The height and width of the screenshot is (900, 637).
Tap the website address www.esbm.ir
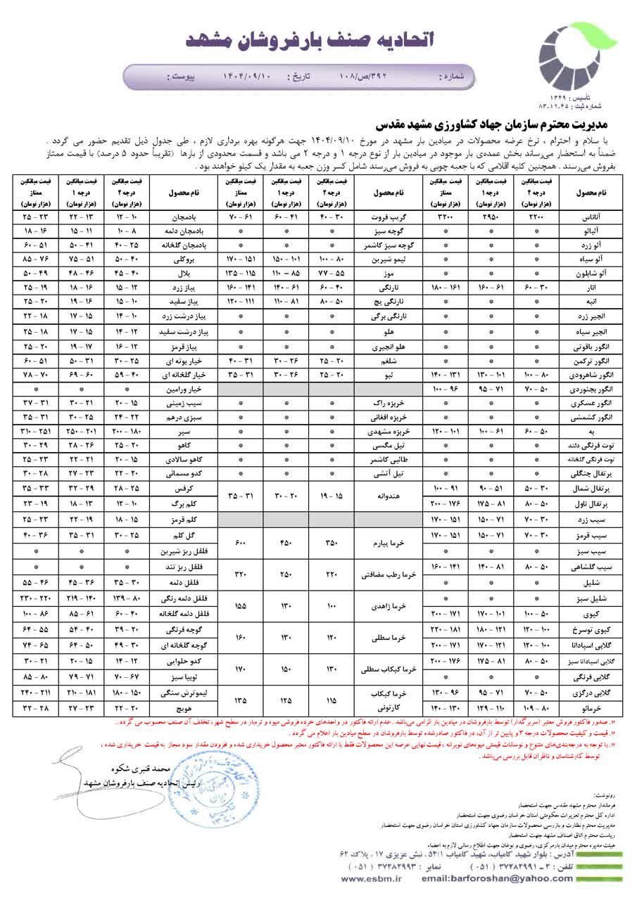click(371, 878)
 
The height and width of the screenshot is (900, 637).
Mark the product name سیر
click(185, 430)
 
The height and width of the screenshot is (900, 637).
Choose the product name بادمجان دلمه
click(185, 231)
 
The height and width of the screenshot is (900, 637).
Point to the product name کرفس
click(185, 487)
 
